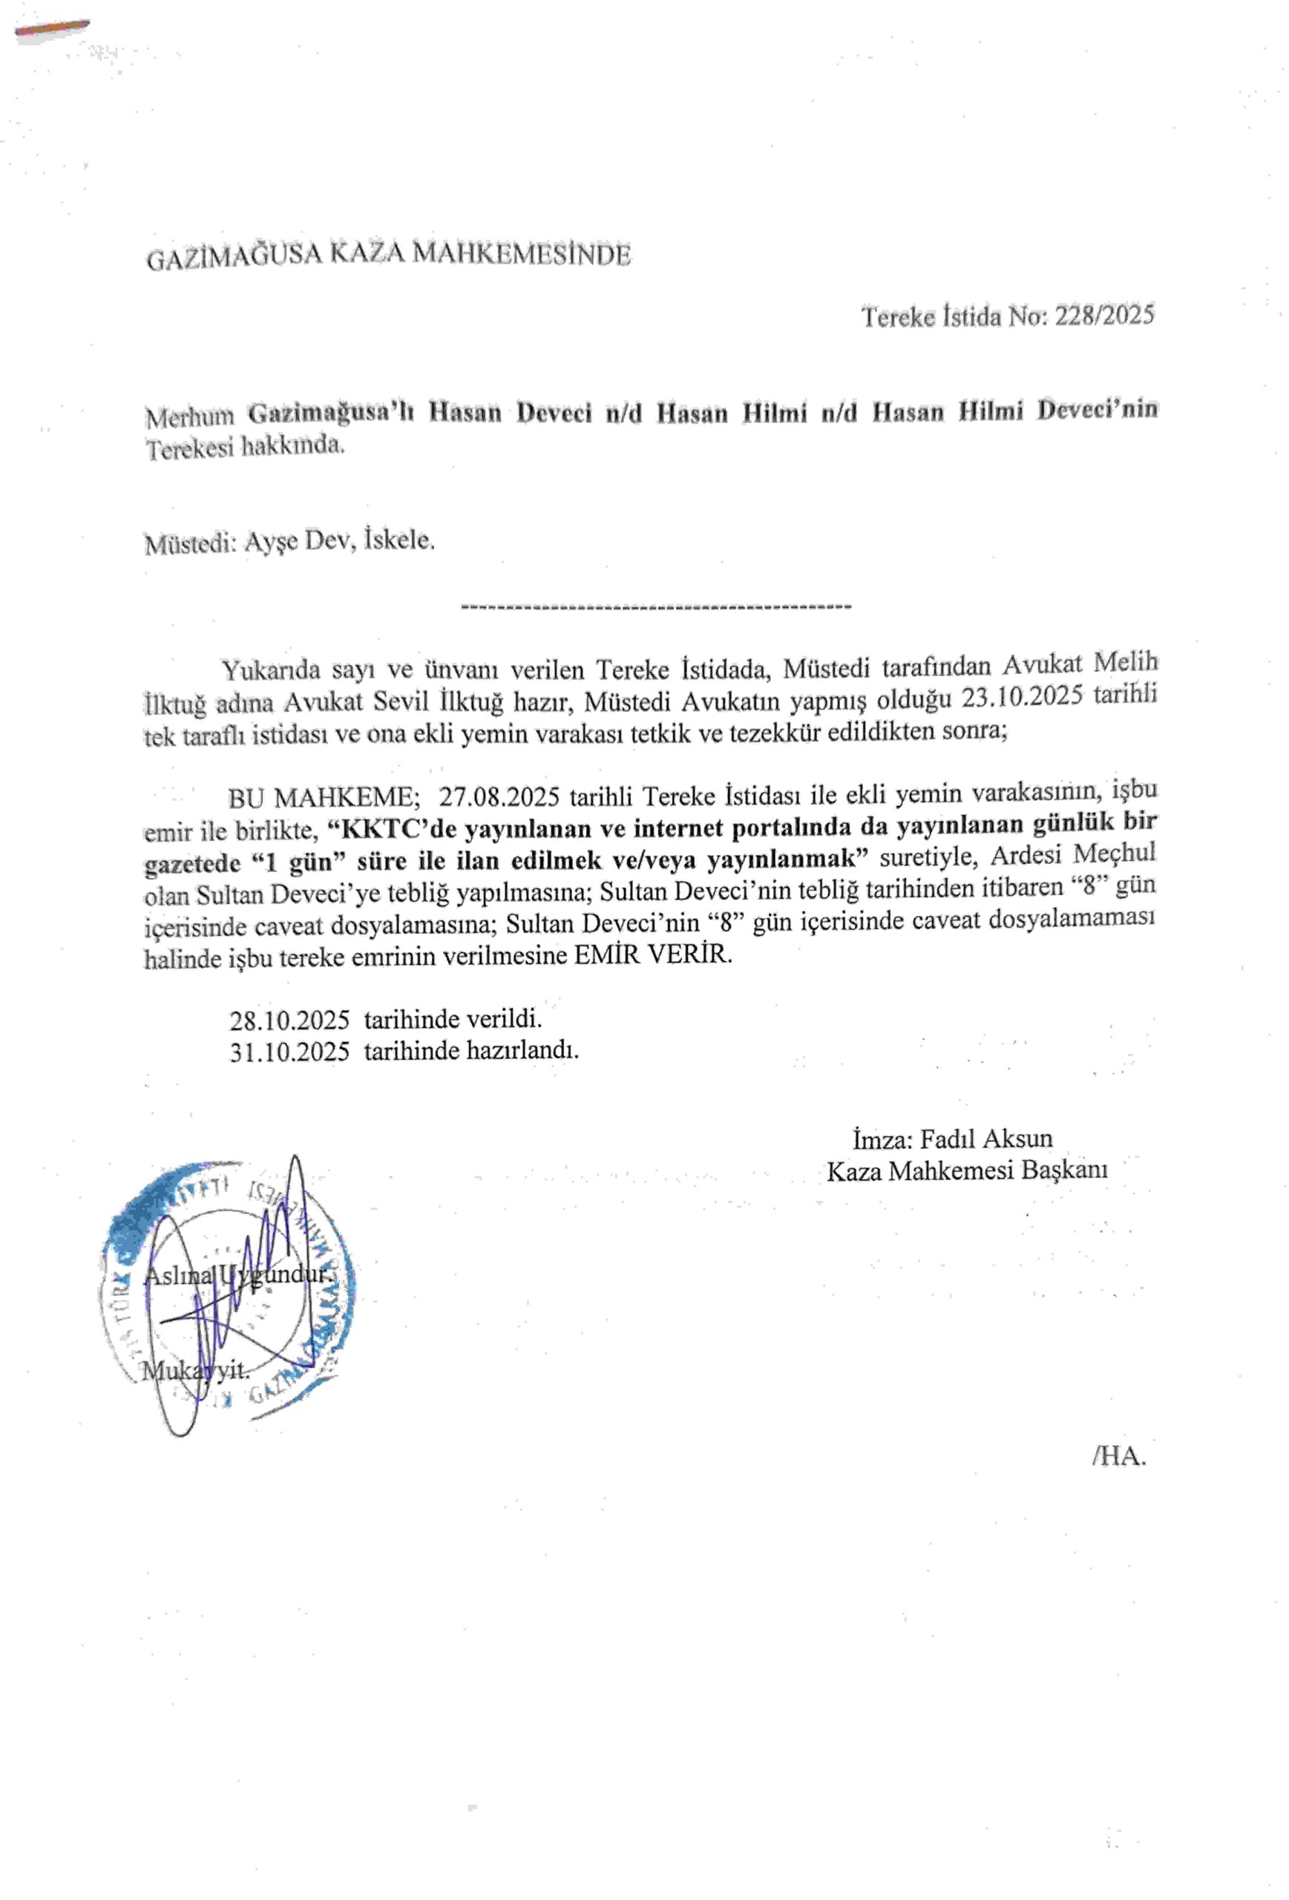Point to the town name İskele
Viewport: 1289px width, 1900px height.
[400, 540]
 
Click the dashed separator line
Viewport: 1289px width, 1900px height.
[655, 606]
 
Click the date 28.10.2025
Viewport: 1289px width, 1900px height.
[289, 1021]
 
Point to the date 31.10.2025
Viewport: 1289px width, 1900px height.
[289, 1052]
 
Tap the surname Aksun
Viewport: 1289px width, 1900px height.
[1017, 1139]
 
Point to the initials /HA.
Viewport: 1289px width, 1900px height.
[1118, 1455]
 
